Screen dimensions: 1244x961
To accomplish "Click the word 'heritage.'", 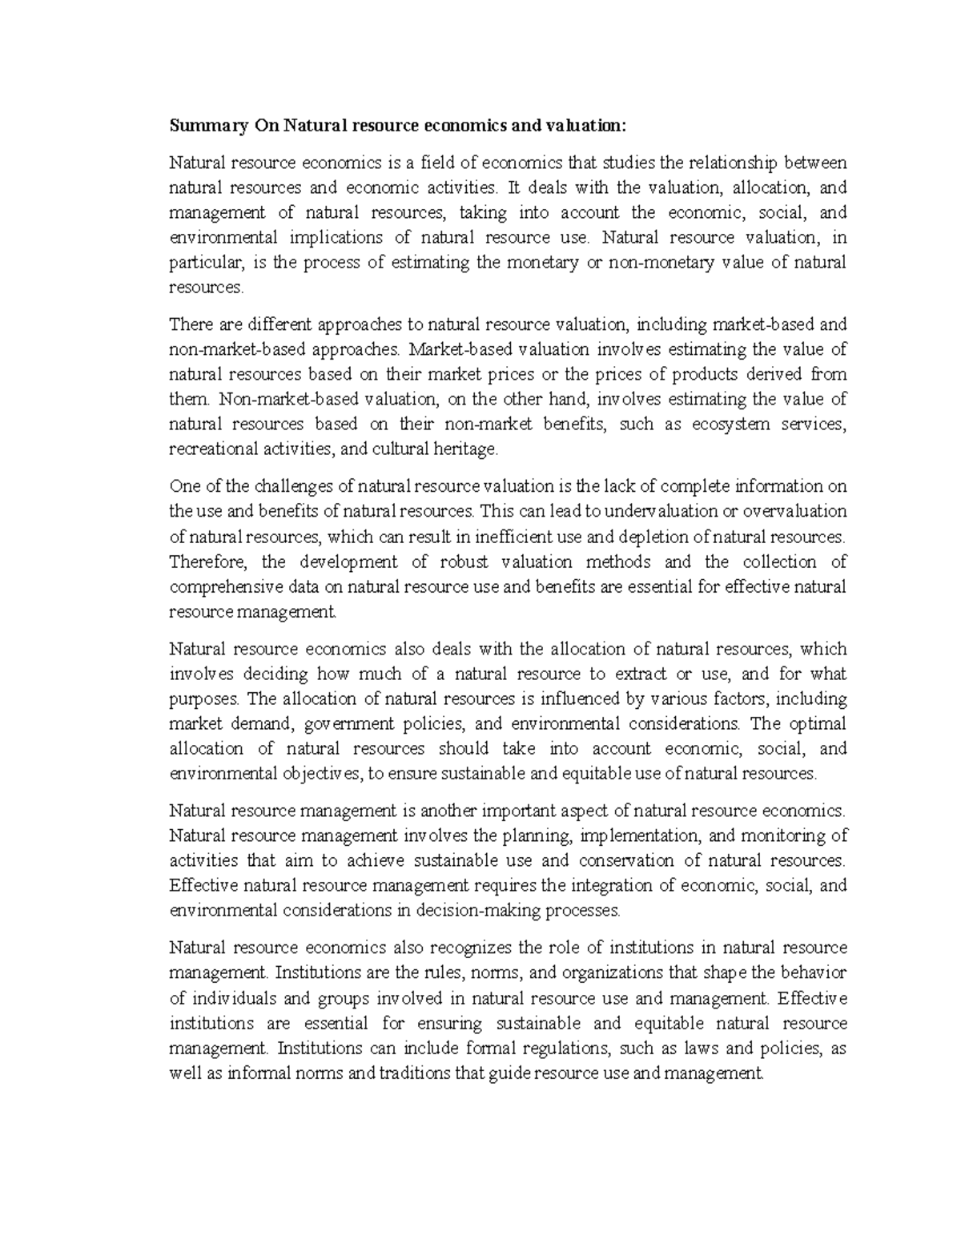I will pos(466,449).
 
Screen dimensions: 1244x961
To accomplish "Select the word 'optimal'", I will pos(818,723).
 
